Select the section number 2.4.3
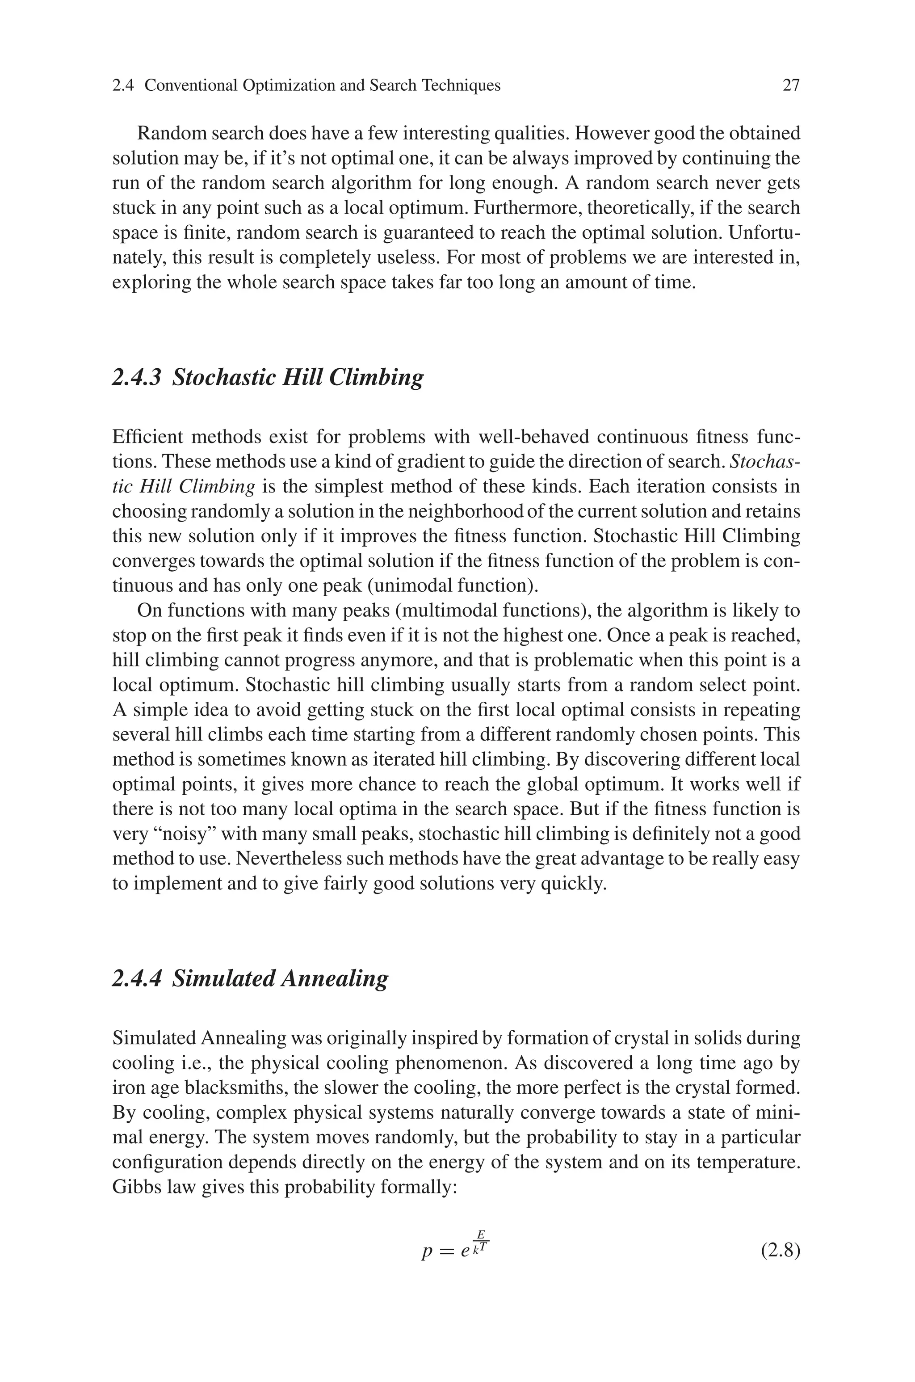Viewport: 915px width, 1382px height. coord(136,377)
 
